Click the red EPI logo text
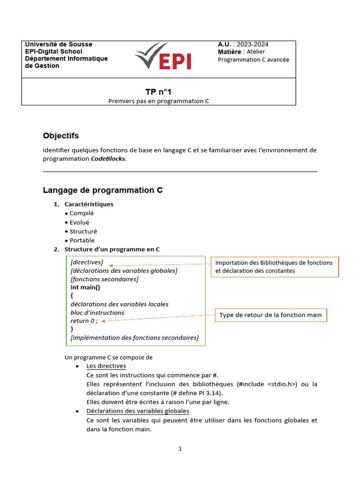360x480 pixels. (176, 60)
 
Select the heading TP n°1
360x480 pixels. (155, 92)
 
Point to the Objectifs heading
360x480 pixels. (61, 136)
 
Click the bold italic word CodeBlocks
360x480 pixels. (108, 158)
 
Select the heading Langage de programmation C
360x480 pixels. (103, 190)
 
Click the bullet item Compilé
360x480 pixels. (82, 213)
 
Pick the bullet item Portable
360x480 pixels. (82, 240)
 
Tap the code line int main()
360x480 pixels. (85, 287)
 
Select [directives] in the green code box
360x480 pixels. (87, 262)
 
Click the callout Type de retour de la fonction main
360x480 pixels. (271, 315)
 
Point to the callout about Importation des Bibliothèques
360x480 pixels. (274, 267)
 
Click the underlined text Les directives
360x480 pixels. (106, 366)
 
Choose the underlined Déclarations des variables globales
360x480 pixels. (138, 411)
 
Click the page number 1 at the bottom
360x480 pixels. (180, 449)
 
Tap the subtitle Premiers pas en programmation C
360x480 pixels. (158, 101)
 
